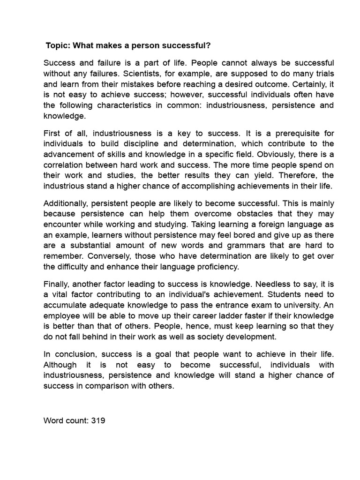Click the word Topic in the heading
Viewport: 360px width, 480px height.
coord(57,45)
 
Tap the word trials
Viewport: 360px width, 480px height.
coord(323,74)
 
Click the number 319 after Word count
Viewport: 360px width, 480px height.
coord(97,420)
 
